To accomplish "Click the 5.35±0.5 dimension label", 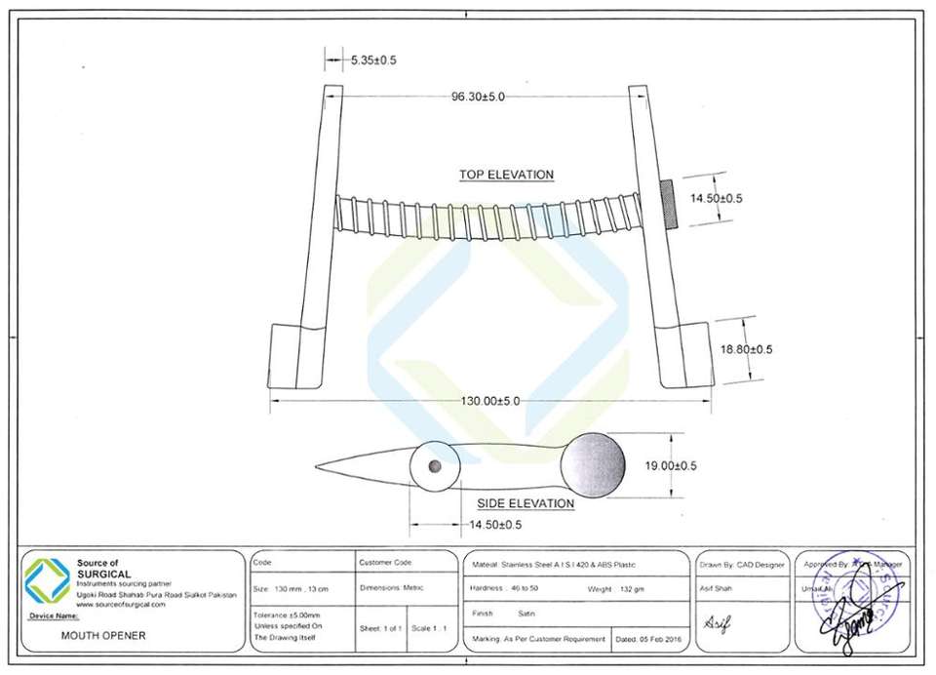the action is [373, 60].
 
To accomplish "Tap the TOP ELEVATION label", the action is [506, 175].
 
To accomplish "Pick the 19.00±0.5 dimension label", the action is [671, 466].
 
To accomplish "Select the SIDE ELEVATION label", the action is [525, 503].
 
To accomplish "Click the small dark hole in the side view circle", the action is [435, 466].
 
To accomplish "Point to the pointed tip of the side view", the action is [320, 466].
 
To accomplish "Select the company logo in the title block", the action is [47, 580].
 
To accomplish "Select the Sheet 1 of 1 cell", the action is [380, 629].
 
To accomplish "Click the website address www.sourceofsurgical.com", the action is [121, 605].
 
